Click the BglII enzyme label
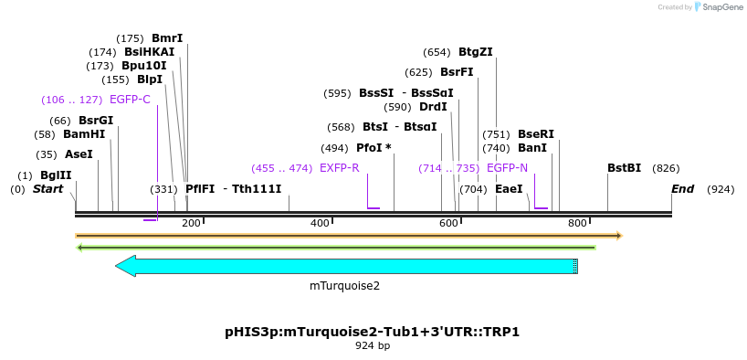(56, 175)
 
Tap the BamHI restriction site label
(84, 133)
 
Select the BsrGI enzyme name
(96, 120)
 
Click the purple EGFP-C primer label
(130, 100)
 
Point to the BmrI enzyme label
(167, 38)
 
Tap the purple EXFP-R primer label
(339, 168)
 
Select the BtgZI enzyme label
(476, 52)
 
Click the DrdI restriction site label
(433, 107)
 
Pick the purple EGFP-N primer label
(507, 168)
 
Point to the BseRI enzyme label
(536, 134)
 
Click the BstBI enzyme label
(624, 168)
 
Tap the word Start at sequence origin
(47, 189)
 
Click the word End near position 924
(682, 189)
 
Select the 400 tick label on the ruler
(320, 223)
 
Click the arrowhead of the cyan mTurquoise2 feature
(125, 266)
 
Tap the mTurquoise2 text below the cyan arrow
(344, 285)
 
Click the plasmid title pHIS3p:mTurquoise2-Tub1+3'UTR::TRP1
(372, 332)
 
